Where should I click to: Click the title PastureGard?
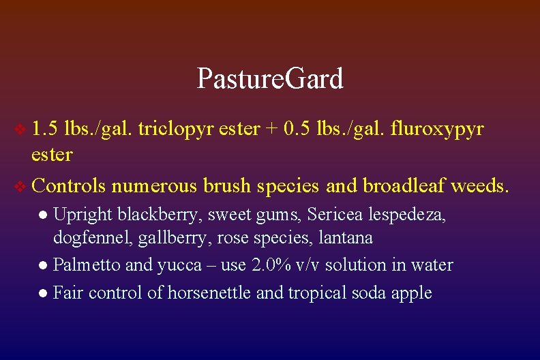270,79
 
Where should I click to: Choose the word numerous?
145,185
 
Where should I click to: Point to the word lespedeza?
408,215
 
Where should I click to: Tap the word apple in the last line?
412,293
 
